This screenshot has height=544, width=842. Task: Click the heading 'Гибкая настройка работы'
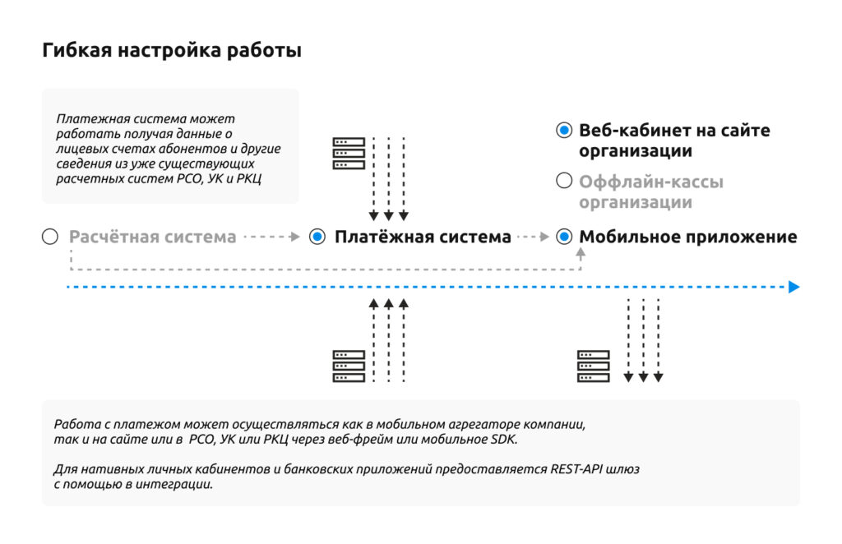coord(172,51)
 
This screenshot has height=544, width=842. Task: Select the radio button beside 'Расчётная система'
coord(50,237)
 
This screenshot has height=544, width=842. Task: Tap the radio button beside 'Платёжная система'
coord(317,237)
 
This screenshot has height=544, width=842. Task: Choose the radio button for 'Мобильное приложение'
coord(564,237)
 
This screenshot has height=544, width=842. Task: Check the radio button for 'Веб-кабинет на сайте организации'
coord(564,131)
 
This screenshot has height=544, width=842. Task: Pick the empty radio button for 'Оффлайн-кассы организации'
coord(564,181)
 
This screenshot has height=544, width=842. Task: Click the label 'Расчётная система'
coord(153,237)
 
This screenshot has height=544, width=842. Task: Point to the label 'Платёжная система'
coord(423,237)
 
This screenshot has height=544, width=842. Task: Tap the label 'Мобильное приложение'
coord(688,237)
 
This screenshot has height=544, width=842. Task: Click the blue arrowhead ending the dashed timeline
coord(793,287)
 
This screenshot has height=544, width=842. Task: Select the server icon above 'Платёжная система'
coord(349,154)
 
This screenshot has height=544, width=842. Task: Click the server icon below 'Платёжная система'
coord(349,366)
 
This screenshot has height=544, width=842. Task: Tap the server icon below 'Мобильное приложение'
coord(594,366)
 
